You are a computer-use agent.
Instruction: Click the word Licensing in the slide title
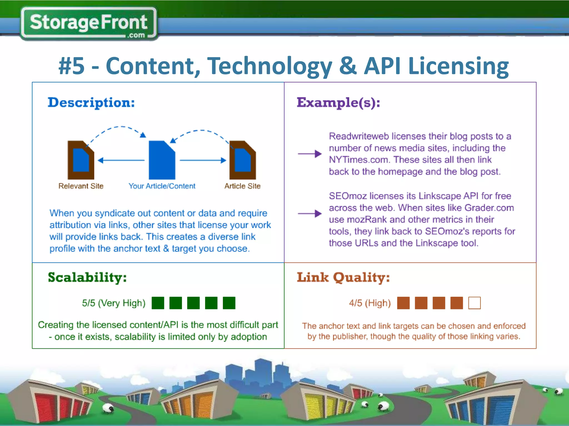(x=458, y=67)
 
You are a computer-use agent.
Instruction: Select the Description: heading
(x=91, y=103)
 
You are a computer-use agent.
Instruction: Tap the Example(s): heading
(x=338, y=103)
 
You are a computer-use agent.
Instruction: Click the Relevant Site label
(x=81, y=186)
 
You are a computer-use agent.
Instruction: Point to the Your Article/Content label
(x=162, y=186)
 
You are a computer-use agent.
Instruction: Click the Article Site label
(x=242, y=186)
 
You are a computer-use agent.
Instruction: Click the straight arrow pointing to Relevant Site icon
(x=121, y=160)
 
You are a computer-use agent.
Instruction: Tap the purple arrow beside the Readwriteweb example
(x=310, y=154)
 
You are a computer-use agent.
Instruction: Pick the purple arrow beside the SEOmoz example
(x=310, y=214)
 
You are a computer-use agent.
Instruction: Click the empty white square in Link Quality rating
(x=474, y=303)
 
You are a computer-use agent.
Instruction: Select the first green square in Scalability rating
(x=158, y=303)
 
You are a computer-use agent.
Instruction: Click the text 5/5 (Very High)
(x=114, y=303)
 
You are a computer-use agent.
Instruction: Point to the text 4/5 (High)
(x=370, y=303)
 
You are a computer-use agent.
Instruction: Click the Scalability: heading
(x=87, y=277)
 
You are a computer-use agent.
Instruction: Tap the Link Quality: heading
(x=343, y=277)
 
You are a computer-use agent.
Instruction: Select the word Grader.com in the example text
(x=489, y=208)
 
